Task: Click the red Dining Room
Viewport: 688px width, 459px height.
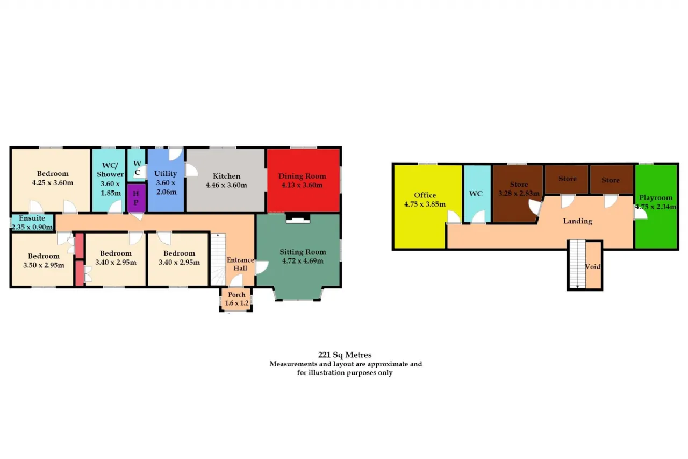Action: [x=303, y=180]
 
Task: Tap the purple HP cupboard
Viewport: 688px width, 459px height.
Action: [x=136, y=198]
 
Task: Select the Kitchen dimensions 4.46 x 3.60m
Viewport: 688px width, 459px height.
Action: [x=226, y=185]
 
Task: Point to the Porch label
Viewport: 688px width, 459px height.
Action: [x=236, y=294]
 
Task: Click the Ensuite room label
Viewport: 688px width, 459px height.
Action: [x=32, y=218]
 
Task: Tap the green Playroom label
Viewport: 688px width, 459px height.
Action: [x=656, y=197]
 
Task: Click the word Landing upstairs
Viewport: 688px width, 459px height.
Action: [x=577, y=221]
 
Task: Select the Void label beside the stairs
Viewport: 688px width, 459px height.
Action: [x=592, y=266]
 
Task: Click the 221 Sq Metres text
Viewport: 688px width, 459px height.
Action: [x=345, y=355]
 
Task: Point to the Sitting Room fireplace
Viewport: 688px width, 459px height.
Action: [x=298, y=218]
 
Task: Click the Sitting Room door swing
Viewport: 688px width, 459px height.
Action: [x=262, y=267]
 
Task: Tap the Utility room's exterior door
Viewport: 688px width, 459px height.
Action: [x=176, y=154]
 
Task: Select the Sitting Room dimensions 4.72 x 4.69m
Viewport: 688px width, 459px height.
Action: [x=303, y=261]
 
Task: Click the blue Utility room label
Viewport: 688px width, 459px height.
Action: [x=166, y=173]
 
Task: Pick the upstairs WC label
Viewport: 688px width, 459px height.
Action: [x=476, y=193]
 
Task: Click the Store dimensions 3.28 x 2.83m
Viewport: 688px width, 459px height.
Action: [x=519, y=193]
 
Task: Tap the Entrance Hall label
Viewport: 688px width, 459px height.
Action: [x=240, y=264]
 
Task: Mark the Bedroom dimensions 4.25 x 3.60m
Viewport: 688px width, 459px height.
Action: [x=53, y=182]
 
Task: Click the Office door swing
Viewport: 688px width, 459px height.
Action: [x=454, y=217]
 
